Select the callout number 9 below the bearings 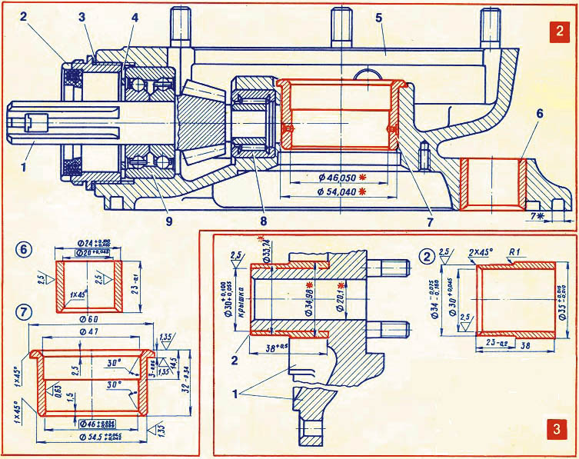[168, 221]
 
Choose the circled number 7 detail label [24, 313]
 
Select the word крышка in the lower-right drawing [240, 298]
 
